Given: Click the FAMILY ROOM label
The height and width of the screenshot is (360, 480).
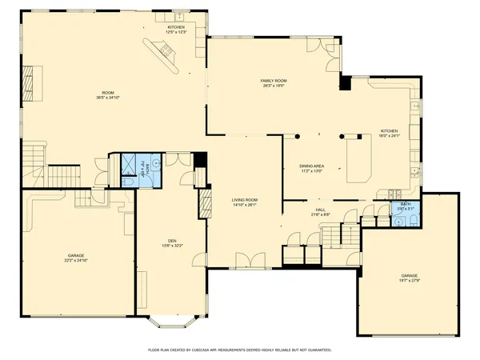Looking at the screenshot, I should pyautogui.click(x=274, y=81).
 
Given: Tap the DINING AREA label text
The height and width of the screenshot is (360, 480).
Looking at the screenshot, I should pyautogui.click(x=310, y=166).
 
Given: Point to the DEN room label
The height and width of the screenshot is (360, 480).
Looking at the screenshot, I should pyautogui.click(x=172, y=241).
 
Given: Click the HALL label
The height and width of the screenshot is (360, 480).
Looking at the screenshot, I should pyautogui.click(x=318, y=210).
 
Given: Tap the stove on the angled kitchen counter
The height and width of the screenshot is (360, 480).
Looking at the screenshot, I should pyautogui.click(x=168, y=53).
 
